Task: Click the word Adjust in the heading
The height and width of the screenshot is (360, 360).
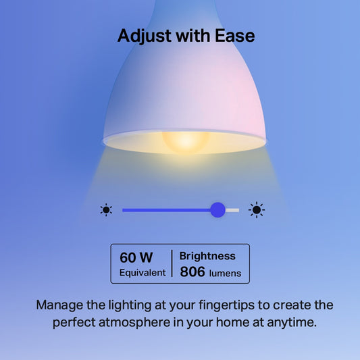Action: pyautogui.click(x=144, y=35)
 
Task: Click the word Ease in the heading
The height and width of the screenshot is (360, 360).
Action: pyautogui.click(x=232, y=35)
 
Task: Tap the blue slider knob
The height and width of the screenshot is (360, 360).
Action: pyautogui.click(x=217, y=209)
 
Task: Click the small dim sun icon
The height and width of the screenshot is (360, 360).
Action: pyautogui.click(x=106, y=209)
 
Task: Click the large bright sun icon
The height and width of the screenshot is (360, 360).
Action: pyautogui.click(x=257, y=209)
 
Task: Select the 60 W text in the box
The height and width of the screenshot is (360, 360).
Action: pyautogui.click(x=136, y=257)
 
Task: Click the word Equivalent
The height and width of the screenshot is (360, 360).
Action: pyautogui.click(x=143, y=273)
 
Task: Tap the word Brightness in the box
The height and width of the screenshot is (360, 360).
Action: pyautogui.click(x=207, y=256)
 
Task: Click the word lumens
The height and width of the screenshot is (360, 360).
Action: pyautogui.click(x=224, y=273)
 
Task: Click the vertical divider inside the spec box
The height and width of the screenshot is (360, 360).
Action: pyautogui.click(x=172, y=264)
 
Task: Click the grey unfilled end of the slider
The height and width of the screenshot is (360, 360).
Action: pyautogui.click(x=232, y=209)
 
